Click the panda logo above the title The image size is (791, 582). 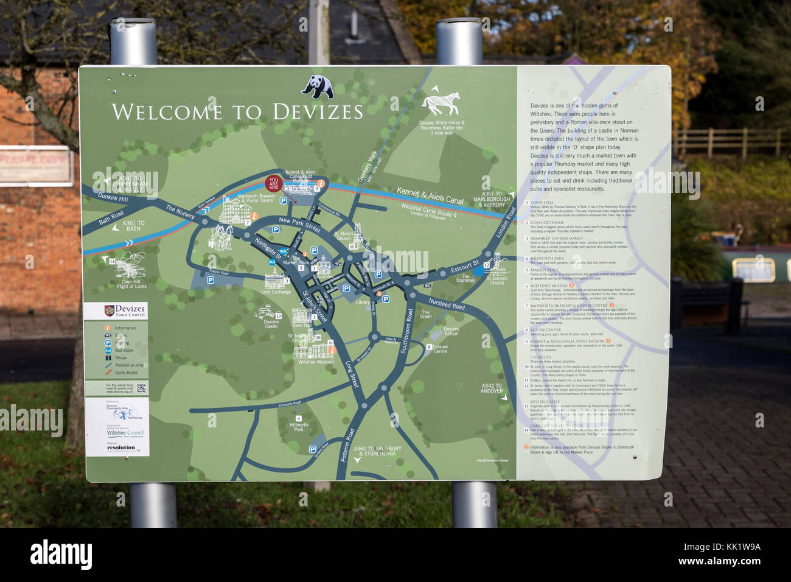pyautogui.click(x=318, y=86)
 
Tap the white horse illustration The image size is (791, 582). pyautogui.click(x=441, y=103)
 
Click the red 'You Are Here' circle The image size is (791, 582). pyautogui.click(x=274, y=183)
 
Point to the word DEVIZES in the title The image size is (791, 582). pyautogui.click(x=318, y=112)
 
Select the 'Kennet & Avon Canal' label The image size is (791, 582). pyautogui.click(x=430, y=195)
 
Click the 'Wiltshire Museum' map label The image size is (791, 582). pyautogui.click(x=316, y=362)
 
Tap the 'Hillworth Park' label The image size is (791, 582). pyautogui.click(x=299, y=427)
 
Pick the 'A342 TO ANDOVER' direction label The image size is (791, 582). pyautogui.click(x=492, y=388)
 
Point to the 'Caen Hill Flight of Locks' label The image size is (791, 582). pyautogui.click(x=131, y=284)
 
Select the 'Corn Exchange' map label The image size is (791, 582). pyautogui.click(x=276, y=292)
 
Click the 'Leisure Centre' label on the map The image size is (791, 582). pyautogui.click(x=440, y=349)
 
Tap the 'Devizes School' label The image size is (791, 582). pyautogui.click(x=451, y=331)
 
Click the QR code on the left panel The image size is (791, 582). pyautogui.click(x=141, y=388)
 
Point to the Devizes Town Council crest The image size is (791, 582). pyautogui.click(x=110, y=310)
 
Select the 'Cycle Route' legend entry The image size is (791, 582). pyautogui.click(x=126, y=373)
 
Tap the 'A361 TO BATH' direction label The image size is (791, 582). pyautogui.click(x=133, y=226)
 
